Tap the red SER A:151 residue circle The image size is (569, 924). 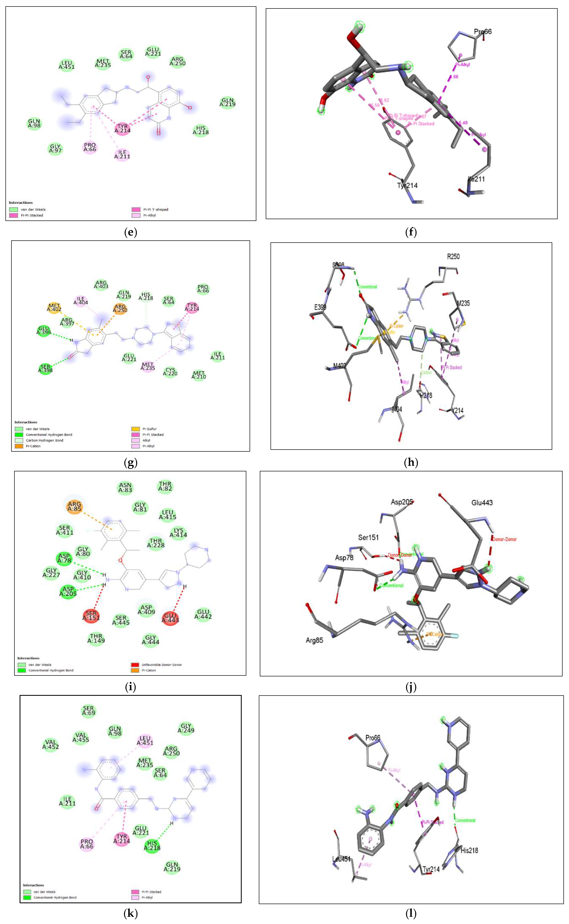click(x=91, y=615)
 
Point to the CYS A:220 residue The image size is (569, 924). click(x=170, y=372)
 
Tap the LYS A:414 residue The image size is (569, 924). click(x=178, y=533)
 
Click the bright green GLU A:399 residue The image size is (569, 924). click(x=44, y=330)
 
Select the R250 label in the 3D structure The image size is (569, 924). click(x=453, y=257)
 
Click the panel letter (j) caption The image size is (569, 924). click(x=411, y=687)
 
